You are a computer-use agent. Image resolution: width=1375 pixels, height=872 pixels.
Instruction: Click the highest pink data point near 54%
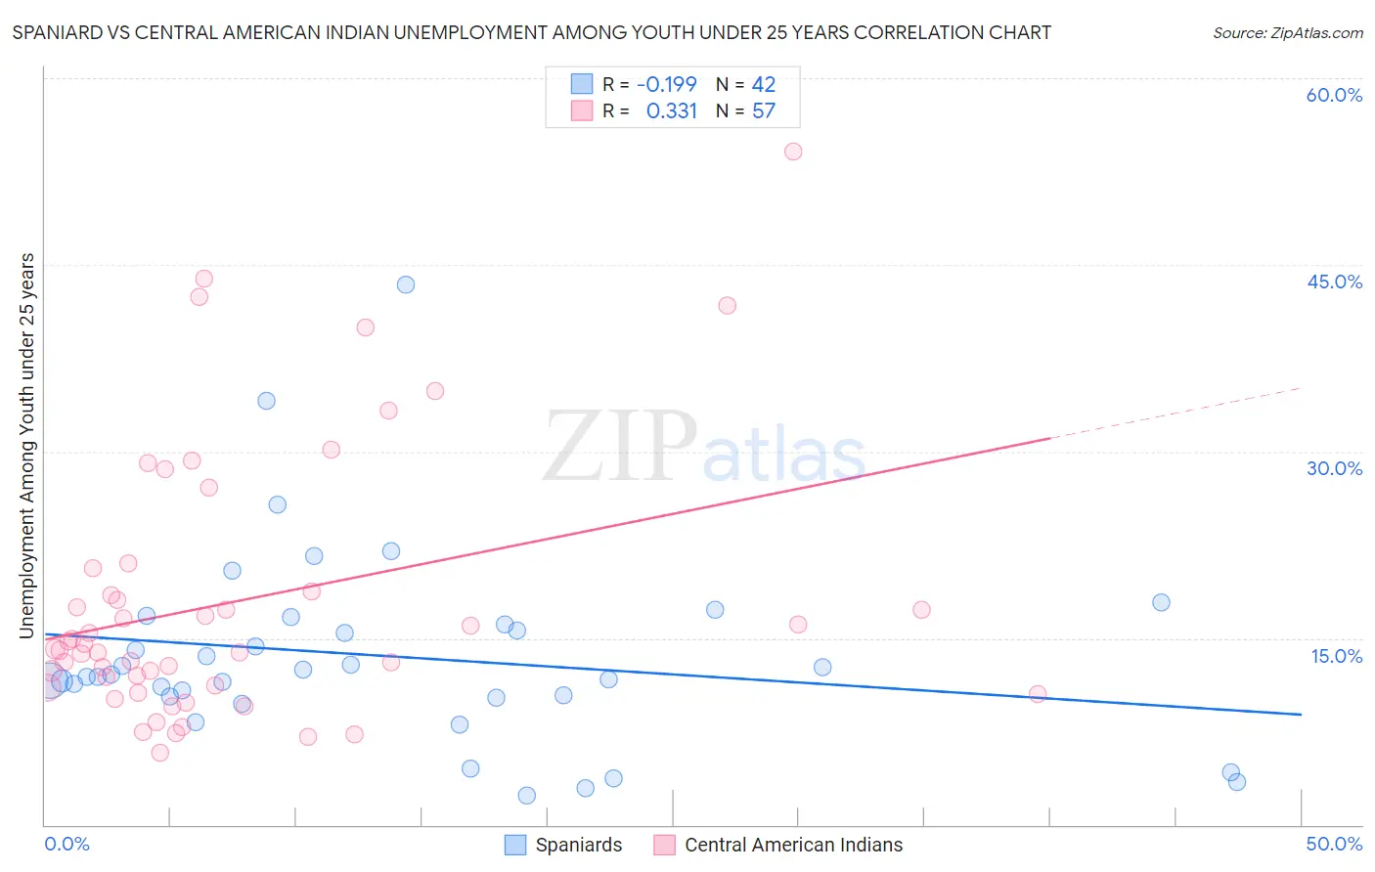[793, 152]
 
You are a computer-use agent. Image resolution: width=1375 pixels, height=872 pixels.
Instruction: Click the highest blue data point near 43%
[406, 284]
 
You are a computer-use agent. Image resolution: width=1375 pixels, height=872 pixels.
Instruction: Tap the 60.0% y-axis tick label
[1334, 95]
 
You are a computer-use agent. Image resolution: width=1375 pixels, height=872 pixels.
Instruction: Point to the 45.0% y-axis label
[1334, 282]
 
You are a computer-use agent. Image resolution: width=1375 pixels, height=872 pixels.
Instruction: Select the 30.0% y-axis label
[1334, 468]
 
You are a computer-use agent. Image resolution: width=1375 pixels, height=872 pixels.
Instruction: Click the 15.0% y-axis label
[1336, 656]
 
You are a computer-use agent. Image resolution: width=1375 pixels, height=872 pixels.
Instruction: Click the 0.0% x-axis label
[67, 844]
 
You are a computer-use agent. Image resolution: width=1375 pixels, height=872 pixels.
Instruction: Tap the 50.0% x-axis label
[1334, 844]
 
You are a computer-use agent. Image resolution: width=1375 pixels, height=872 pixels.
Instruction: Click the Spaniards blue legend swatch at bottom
[515, 845]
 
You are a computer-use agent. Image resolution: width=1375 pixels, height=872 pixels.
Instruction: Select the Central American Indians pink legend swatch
[665, 845]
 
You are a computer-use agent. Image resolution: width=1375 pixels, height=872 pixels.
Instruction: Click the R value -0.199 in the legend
[666, 84]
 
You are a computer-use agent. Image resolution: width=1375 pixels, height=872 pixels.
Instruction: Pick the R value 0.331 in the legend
[672, 111]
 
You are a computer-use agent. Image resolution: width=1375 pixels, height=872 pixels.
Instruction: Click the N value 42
[763, 84]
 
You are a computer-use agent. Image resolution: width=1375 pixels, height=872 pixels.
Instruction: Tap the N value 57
[763, 111]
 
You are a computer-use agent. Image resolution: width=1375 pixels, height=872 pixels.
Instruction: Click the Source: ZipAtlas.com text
[1287, 32]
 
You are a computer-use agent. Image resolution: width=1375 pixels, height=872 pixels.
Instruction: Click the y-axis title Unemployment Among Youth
[27, 446]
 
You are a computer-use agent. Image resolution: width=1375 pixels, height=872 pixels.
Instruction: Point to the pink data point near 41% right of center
[727, 305]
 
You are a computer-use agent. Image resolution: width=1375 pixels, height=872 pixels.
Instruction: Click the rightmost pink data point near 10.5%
[1038, 694]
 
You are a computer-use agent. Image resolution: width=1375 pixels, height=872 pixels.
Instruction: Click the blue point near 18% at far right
[1161, 602]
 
